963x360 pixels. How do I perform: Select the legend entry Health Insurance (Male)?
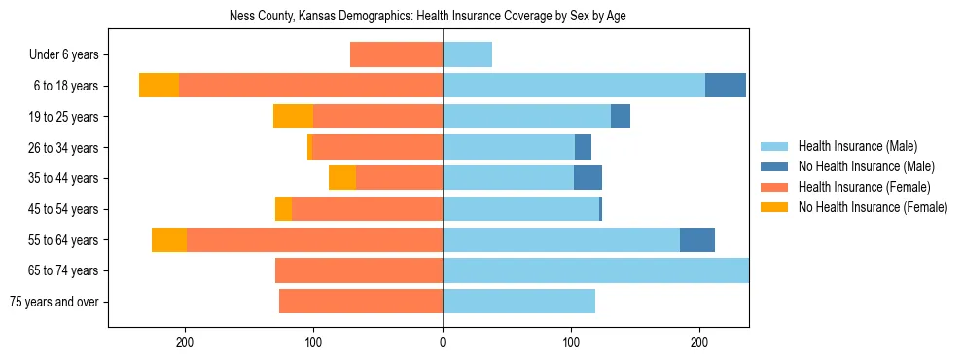pos(857,146)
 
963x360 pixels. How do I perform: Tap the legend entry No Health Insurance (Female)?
pos(873,207)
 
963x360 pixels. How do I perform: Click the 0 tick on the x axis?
pos(443,342)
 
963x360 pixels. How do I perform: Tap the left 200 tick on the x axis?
pos(186,342)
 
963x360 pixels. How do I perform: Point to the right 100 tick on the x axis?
pos(571,342)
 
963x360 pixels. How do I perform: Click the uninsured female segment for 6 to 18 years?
pos(159,86)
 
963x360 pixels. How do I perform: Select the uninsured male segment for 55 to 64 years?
pos(697,239)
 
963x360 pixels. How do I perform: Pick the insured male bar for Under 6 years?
pos(467,55)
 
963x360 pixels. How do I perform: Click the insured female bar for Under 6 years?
pos(396,55)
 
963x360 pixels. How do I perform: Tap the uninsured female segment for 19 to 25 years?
pos(293,117)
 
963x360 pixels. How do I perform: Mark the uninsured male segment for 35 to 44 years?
pos(588,178)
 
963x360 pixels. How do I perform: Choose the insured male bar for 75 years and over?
pos(518,302)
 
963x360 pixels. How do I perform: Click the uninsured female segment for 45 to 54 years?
pos(283,209)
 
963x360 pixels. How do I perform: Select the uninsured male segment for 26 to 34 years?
pos(583,148)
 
